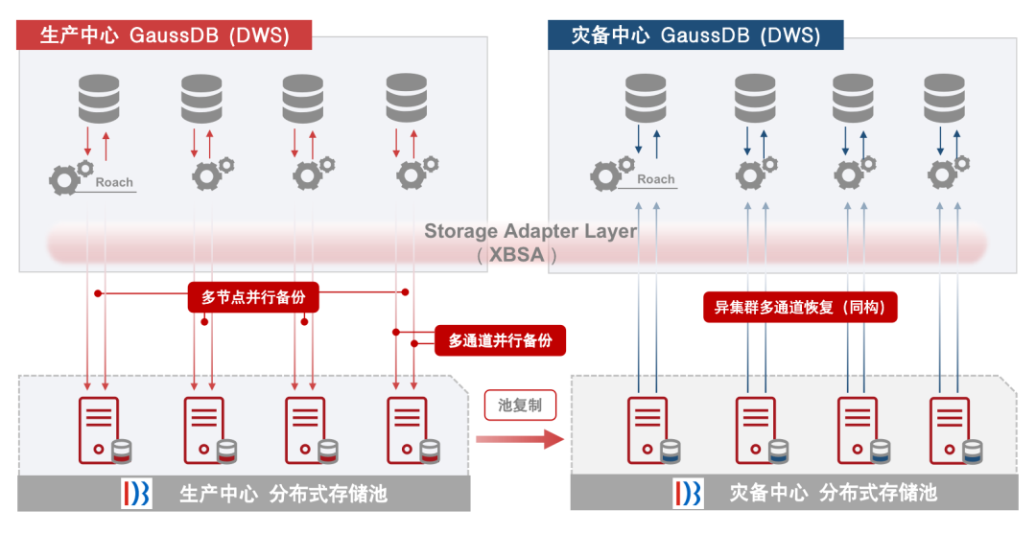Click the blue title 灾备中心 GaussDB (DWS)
click(695, 35)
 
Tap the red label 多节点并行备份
click(253, 297)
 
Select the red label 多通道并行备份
click(500, 339)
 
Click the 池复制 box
click(519, 405)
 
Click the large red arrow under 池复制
click(518, 439)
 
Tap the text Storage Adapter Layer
click(530, 231)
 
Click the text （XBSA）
click(517, 255)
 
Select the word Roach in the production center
click(114, 182)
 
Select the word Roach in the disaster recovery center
click(656, 179)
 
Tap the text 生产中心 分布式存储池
click(284, 494)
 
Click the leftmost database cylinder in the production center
click(99, 97)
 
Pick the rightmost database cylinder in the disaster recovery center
click(944, 97)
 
